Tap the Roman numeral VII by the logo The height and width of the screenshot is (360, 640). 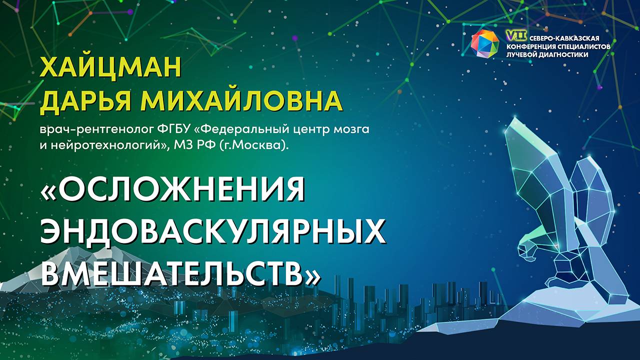513,35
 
